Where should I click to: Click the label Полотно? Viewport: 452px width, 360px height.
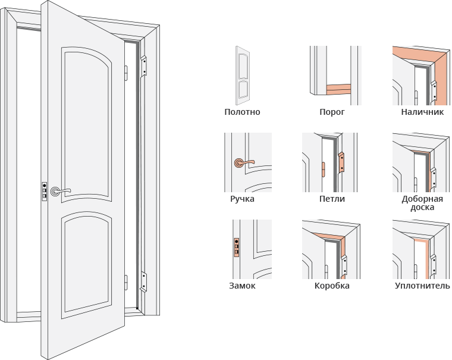click(x=242, y=112)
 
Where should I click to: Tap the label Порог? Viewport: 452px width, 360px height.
click(x=332, y=112)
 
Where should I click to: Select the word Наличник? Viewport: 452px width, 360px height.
click(x=422, y=112)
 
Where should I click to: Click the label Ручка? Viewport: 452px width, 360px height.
click(x=242, y=199)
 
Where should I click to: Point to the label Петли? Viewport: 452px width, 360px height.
click(x=332, y=199)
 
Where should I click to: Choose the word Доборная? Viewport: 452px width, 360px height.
click(x=422, y=199)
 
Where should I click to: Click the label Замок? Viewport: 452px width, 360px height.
click(x=242, y=286)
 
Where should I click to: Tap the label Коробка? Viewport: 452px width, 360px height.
click(x=332, y=286)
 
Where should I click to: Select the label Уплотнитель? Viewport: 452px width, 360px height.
click(x=422, y=286)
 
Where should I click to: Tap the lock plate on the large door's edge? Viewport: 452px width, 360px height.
click(x=45, y=191)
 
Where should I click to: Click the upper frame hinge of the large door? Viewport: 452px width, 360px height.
click(x=143, y=66)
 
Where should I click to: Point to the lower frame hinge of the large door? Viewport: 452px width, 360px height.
click(x=143, y=282)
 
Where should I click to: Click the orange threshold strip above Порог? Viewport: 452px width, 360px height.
click(x=338, y=89)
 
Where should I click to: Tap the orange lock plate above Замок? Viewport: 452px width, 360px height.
click(x=236, y=248)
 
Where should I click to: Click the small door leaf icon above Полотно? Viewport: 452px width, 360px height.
click(x=243, y=76)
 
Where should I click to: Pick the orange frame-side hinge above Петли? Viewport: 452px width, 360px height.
click(x=341, y=162)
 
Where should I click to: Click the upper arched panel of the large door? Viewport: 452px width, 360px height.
click(x=86, y=124)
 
